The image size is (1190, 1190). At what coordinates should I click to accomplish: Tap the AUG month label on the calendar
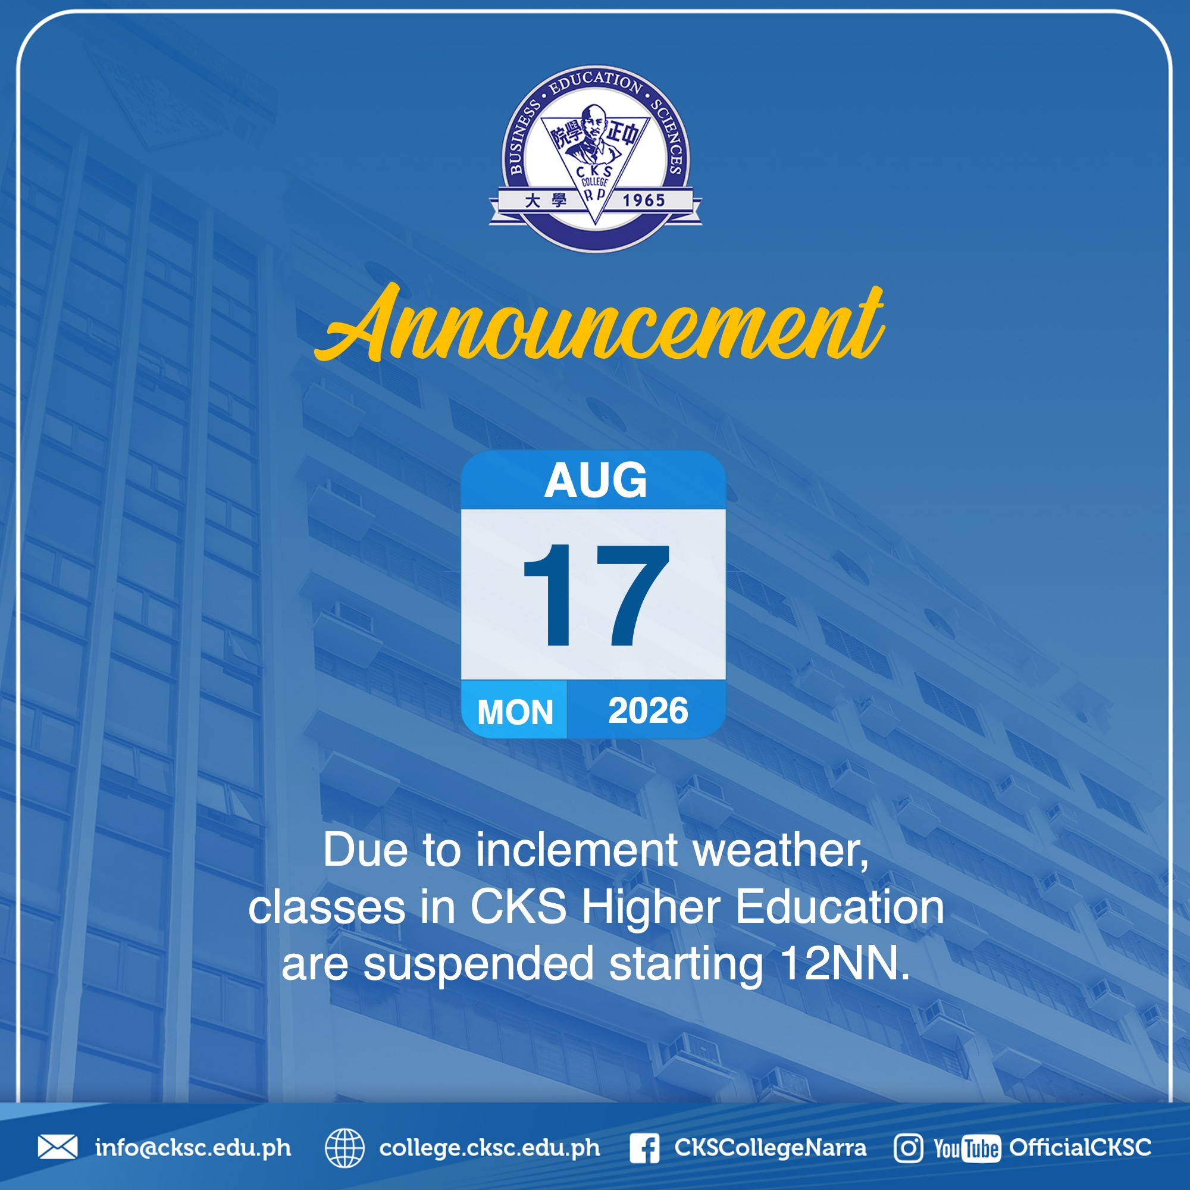[596, 480]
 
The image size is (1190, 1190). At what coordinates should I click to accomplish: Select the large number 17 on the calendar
[596, 595]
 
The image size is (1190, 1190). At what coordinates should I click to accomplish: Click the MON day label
[515, 712]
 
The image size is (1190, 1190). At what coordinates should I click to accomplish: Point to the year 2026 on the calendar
[648, 710]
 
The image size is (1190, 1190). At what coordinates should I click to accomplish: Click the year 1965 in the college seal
[644, 200]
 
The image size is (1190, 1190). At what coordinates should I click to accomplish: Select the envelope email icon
[58, 1148]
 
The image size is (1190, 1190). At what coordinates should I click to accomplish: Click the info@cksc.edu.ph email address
[193, 1148]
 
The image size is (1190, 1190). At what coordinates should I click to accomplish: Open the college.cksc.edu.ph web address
[490, 1148]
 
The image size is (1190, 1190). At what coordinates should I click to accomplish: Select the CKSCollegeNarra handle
[770, 1148]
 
